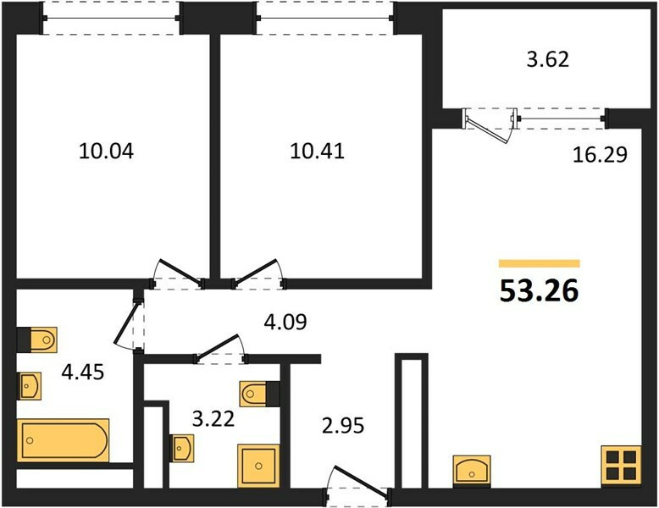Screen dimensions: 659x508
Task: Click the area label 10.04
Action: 107,152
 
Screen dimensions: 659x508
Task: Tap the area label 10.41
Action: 318,152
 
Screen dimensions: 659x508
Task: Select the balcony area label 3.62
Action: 548,59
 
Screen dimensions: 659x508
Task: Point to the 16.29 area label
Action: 601,155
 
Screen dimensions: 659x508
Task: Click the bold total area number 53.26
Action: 540,290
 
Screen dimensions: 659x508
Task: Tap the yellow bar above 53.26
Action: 540,263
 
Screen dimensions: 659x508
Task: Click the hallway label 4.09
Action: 285,322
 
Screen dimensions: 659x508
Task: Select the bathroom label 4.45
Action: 83,372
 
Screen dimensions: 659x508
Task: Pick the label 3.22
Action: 213,419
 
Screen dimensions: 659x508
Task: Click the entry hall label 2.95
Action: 343,426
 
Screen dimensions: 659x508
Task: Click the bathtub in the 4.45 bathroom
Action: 63,440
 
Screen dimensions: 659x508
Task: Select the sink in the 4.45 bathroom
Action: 30,386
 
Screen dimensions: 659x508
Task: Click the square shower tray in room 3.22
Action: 258,466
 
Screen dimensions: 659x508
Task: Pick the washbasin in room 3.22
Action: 182,449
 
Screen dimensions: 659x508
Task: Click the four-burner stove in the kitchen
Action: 621,466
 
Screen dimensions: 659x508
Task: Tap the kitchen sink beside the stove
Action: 472,471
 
